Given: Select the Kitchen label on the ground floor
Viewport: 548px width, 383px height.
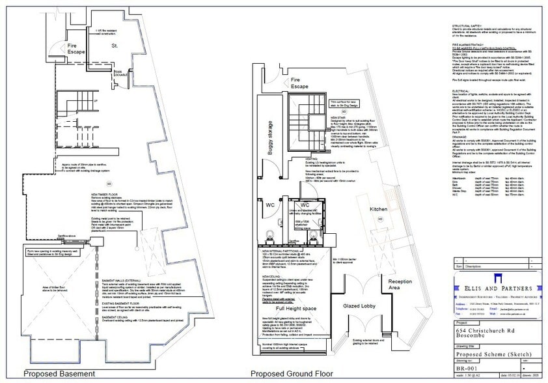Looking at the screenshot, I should coord(378,209).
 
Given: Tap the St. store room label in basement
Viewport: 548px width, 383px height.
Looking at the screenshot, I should coord(113,46).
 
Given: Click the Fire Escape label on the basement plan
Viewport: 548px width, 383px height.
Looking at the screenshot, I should coord(77,50).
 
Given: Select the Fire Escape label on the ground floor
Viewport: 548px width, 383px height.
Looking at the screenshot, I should coord(299,83).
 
